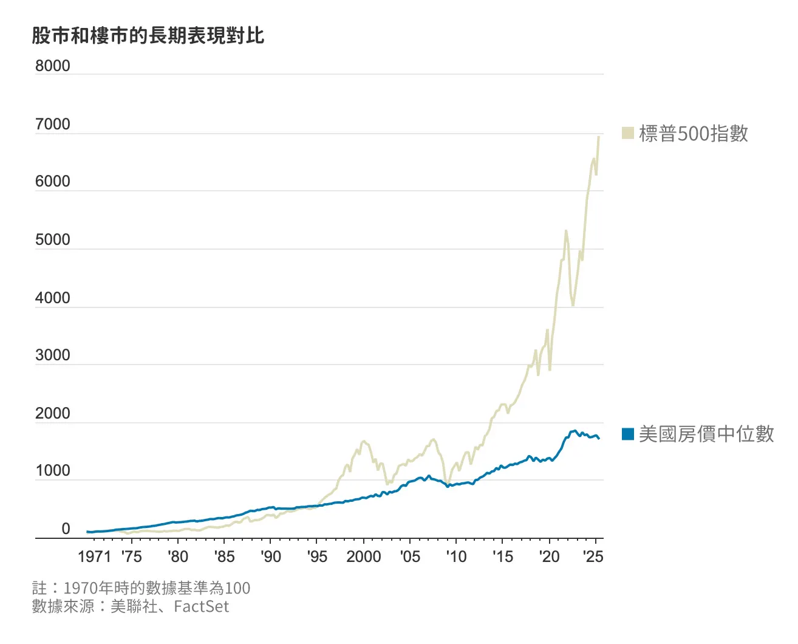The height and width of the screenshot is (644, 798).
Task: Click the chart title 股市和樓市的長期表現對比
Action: point(148,36)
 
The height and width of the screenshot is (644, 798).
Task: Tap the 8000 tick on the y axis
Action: point(52,66)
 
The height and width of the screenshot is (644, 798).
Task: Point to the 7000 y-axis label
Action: point(52,125)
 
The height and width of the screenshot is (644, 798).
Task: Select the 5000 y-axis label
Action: point(52,240)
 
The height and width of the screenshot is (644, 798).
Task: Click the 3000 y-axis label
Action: point(52,355)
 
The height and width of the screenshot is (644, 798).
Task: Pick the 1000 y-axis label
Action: point(52,471)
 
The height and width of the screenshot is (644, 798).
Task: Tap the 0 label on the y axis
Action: point(66,529)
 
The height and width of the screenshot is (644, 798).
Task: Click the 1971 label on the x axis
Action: point(94,557)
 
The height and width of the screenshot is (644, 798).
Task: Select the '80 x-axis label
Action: point(178,557)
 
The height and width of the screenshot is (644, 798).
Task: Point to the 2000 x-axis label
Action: point(363,557)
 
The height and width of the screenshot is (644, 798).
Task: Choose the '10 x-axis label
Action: point(456,557)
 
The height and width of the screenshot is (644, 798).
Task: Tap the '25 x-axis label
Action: point(593,557)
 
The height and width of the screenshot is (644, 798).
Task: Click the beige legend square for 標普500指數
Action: point(628,133)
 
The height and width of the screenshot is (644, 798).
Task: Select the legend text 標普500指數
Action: point(694,134)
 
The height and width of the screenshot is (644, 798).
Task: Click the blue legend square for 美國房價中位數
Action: point(628,434)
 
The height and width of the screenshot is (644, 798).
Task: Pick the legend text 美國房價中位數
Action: point(706,434)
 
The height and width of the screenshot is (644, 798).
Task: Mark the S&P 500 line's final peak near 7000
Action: point(599,137)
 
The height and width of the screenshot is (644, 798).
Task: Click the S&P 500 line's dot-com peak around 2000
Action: point(364,441)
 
